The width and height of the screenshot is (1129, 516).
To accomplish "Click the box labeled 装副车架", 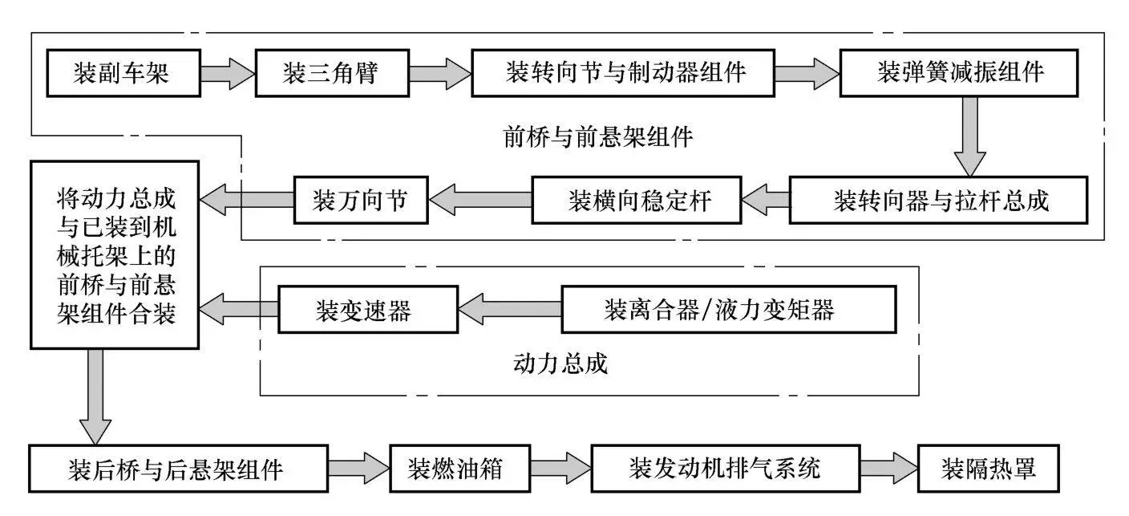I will point(123,74).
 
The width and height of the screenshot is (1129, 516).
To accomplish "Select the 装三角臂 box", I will point(330,74).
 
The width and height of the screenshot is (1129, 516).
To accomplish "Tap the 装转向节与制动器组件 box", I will point(625,74).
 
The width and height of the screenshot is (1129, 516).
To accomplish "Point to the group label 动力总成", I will point(560,364).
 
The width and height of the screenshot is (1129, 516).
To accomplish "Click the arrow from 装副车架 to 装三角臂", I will point(228,74).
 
